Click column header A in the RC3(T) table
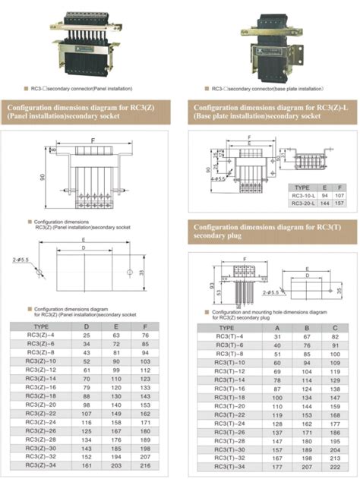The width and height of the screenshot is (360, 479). coord(277,326)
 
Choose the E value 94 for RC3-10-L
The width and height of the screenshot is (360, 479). coord(324,195)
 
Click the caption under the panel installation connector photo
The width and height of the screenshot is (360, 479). coord(85,88)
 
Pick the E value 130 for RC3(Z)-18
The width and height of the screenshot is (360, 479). coord(116,395)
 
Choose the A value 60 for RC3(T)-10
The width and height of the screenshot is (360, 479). coord(277,362)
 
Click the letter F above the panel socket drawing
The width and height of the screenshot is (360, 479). coord(93,141)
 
